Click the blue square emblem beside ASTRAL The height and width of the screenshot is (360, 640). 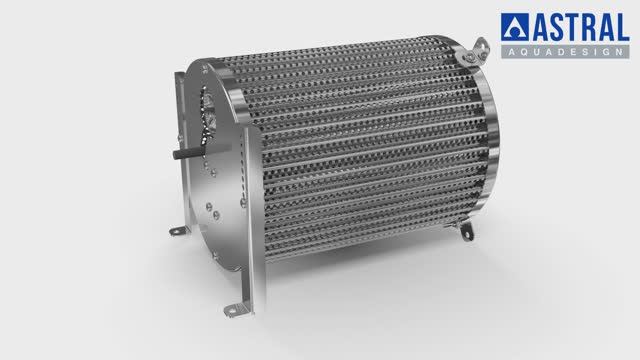(x=515, y=27)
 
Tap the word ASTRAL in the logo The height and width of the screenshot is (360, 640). (x=580, y=27)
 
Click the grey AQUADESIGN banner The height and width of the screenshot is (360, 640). (x=565, y=51)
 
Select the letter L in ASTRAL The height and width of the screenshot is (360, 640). (x=622, y=27)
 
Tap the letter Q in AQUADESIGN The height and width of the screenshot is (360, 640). (x=524, y=52)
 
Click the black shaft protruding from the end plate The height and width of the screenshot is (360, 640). (x=189, y=153)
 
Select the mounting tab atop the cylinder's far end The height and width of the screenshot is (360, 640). (x=475, y=51)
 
